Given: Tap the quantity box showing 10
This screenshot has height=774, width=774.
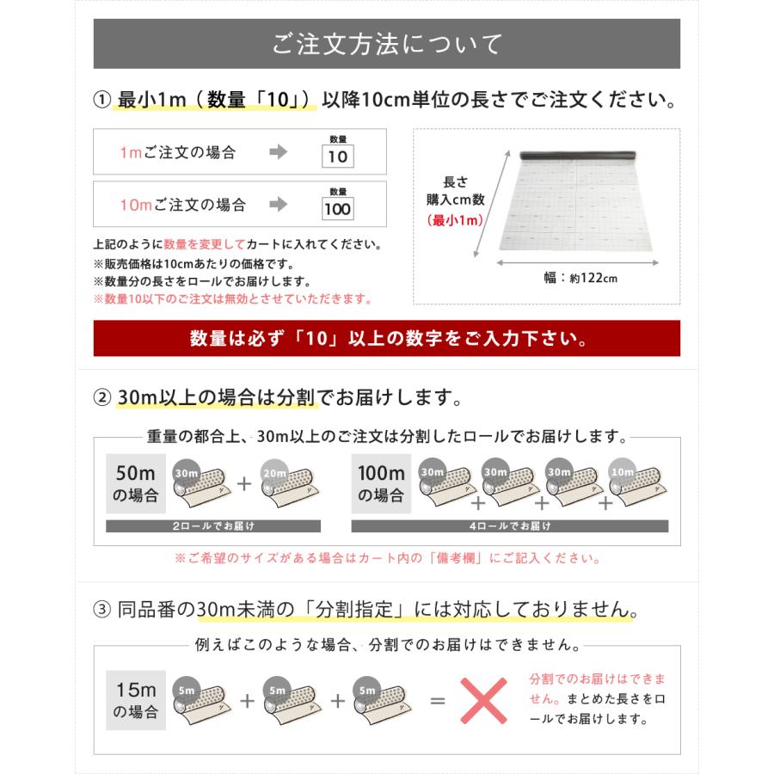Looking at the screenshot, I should pyautogui.click(x=338, y=157).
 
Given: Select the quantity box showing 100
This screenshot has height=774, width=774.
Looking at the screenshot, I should pyautogui.click(x=338, y=209).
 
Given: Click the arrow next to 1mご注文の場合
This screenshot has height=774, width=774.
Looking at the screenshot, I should pyautogui.click(x=278, y=153).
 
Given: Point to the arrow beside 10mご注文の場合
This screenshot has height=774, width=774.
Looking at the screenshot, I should pyautogui.click(x=278, y=205).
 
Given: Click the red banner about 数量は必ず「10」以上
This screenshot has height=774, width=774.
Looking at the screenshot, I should pyautogui.click(x=386, y=339).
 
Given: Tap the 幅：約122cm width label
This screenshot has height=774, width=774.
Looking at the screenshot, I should pyautogui.click(x=580, y=279).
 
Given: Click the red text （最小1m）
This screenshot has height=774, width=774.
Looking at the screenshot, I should pyautogui.click(x=455, y=220).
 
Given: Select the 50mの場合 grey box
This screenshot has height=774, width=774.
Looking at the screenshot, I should pyautogui.click(x=135, y=484).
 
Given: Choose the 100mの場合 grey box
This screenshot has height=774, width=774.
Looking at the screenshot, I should pyautogui.click(x=381, y=484).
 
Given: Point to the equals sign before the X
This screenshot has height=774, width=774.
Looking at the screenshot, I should pyautogui.click(x=438, y=700).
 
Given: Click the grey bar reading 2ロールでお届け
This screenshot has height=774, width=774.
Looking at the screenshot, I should pyautogui.click(x=212, y=525).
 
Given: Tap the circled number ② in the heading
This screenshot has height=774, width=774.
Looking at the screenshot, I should pyautogui.click(x=101, y=398).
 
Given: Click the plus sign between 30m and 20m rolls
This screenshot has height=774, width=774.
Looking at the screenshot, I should pyautogui.click(x=245, y=484).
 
